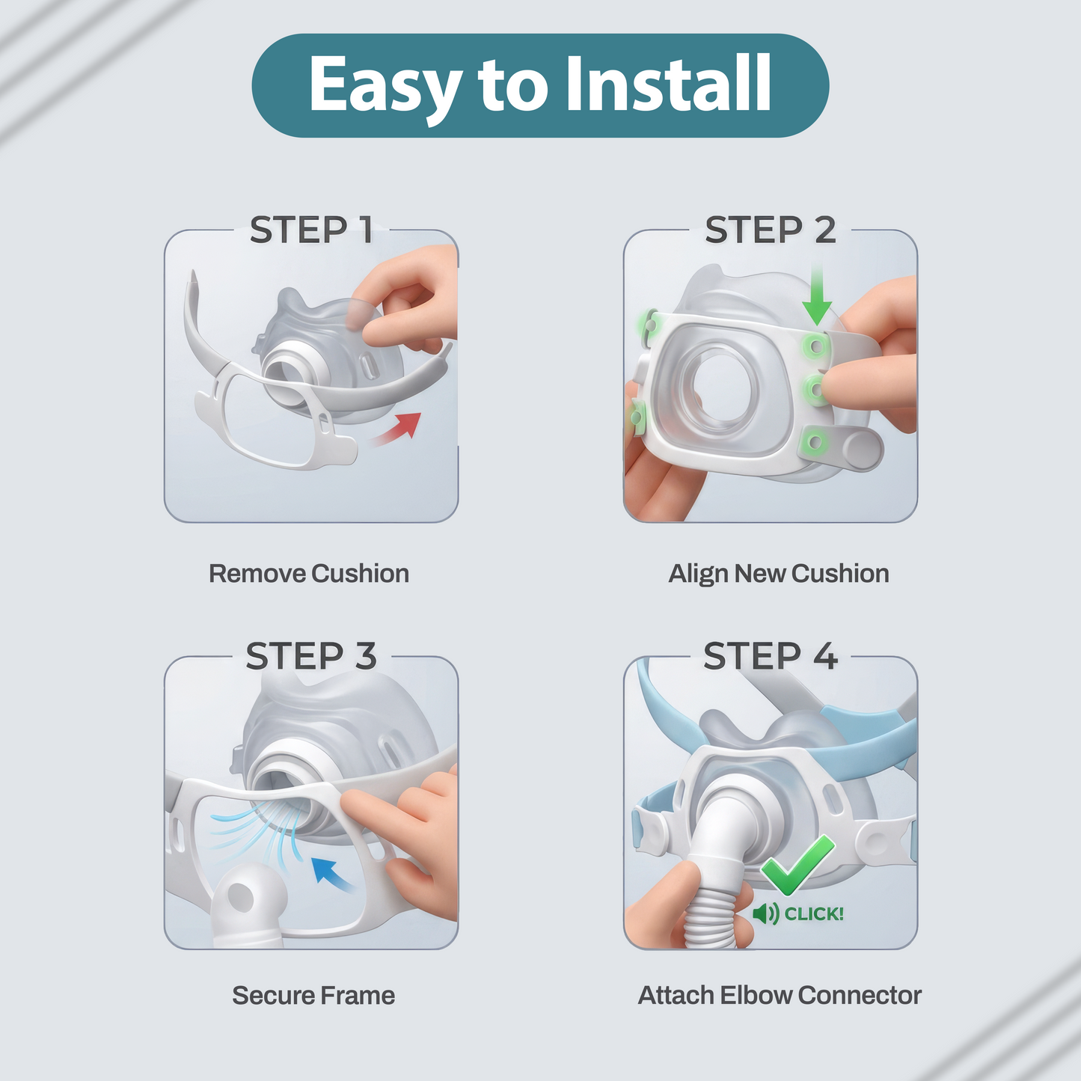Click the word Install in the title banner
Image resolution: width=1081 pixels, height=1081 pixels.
click(668, 84)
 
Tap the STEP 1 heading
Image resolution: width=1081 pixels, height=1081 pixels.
click(311, 230)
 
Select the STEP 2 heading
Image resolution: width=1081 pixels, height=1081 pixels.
click(771, 230)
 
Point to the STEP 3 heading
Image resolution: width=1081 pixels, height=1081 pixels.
click(311, 656)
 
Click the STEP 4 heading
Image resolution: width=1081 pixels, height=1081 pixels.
click(771, 656)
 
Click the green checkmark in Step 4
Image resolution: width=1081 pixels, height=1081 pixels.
click(797, 865)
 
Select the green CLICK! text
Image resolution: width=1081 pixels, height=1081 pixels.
click(813, 914)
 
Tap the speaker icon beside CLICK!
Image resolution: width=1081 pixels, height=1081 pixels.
click(766, 914)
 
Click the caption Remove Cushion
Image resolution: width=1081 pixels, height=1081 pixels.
click(309, 574)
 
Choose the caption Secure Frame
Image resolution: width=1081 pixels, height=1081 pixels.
click(313, 996)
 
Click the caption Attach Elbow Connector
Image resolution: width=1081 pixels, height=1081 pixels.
click(780, 996)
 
